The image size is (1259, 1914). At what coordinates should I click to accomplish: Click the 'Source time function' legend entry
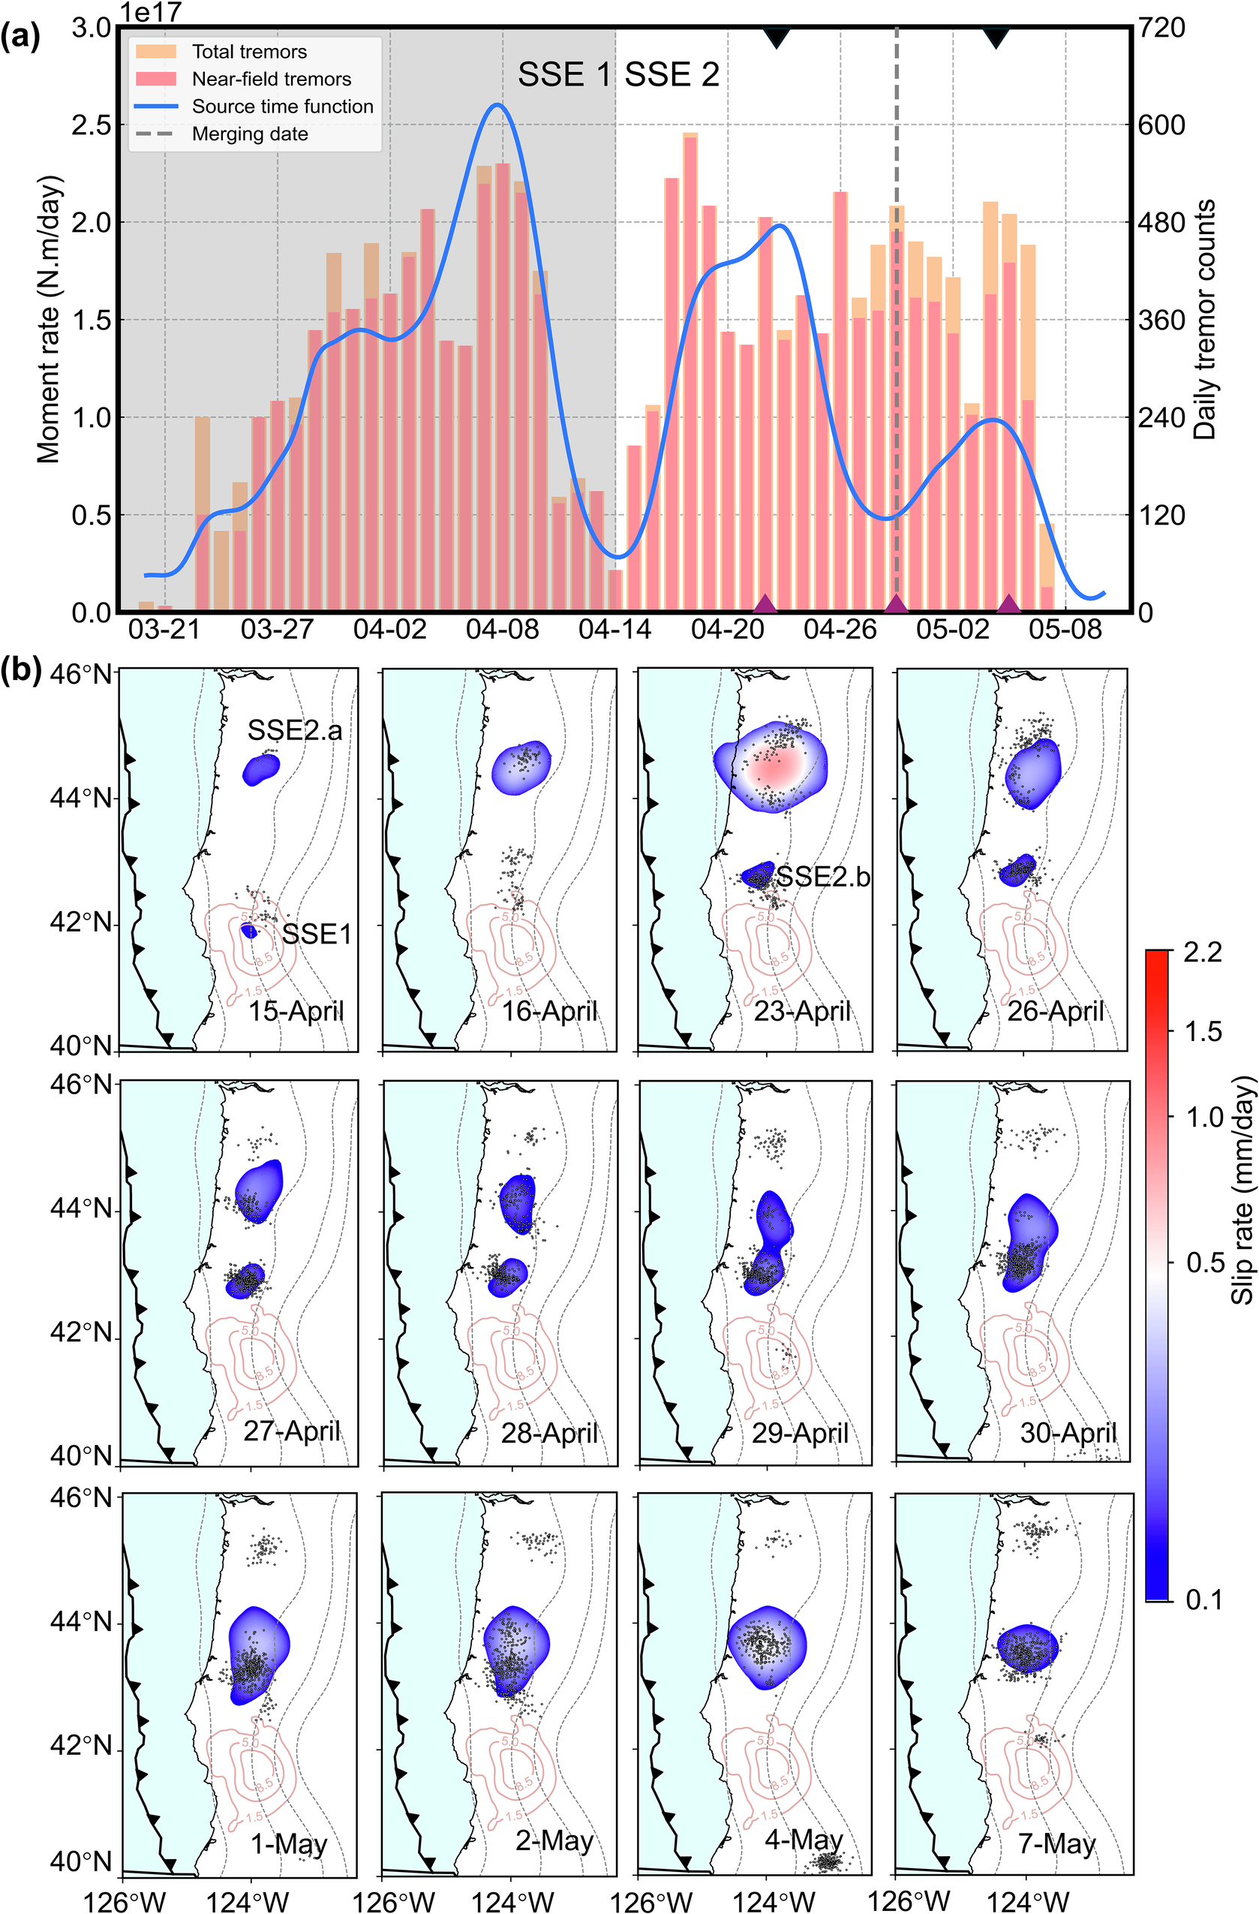coord(282,107)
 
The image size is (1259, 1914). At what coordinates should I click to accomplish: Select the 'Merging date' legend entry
coord(249,134)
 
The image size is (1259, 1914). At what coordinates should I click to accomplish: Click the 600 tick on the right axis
coord(1161,125)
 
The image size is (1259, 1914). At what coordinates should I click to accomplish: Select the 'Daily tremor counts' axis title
coord(1203,319)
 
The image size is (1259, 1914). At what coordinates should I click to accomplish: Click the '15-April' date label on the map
coord(296,1011)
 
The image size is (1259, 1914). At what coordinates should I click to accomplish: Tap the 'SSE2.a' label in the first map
coord(294,730)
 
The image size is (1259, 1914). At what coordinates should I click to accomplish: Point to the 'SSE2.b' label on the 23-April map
coord(822,877)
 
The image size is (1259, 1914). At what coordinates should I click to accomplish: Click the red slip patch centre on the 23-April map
coord(772,765)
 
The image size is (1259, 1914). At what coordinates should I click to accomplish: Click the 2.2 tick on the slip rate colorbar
coord(1202,952)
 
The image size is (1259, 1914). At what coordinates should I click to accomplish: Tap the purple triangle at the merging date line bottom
coord(897,604)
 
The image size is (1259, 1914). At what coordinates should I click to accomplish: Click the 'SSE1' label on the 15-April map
coord(316,934)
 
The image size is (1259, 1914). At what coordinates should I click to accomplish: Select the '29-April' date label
coord(799,1434)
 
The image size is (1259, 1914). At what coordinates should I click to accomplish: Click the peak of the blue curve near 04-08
coord(497,104)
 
